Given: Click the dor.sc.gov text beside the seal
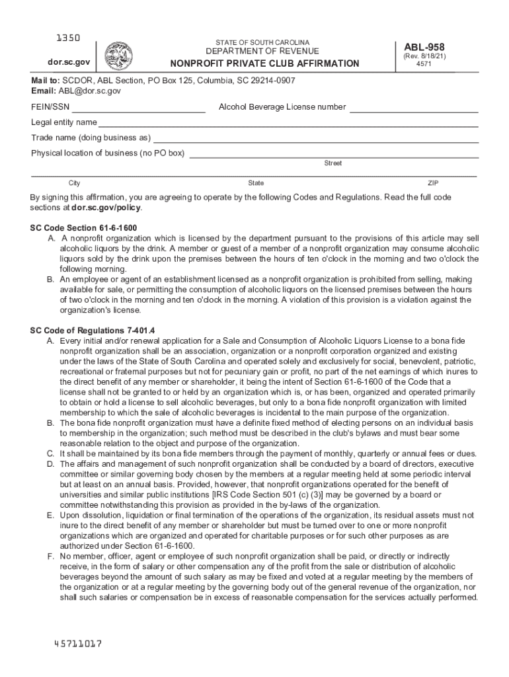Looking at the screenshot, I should click(x=61, y=62).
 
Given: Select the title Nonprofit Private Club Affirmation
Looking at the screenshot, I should click(x=264, y=63).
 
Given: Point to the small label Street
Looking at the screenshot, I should click(x=333, y=163).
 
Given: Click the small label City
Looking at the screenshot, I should click(x=75, y=183).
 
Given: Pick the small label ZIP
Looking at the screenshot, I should click(x=433, y=183).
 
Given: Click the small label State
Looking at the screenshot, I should click(x=256, y=183).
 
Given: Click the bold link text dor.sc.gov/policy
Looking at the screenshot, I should click(x=106, y=208).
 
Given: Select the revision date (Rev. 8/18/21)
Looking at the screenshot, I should click(x=428, y=57).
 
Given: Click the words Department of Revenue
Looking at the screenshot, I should click(x=262, y=52).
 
